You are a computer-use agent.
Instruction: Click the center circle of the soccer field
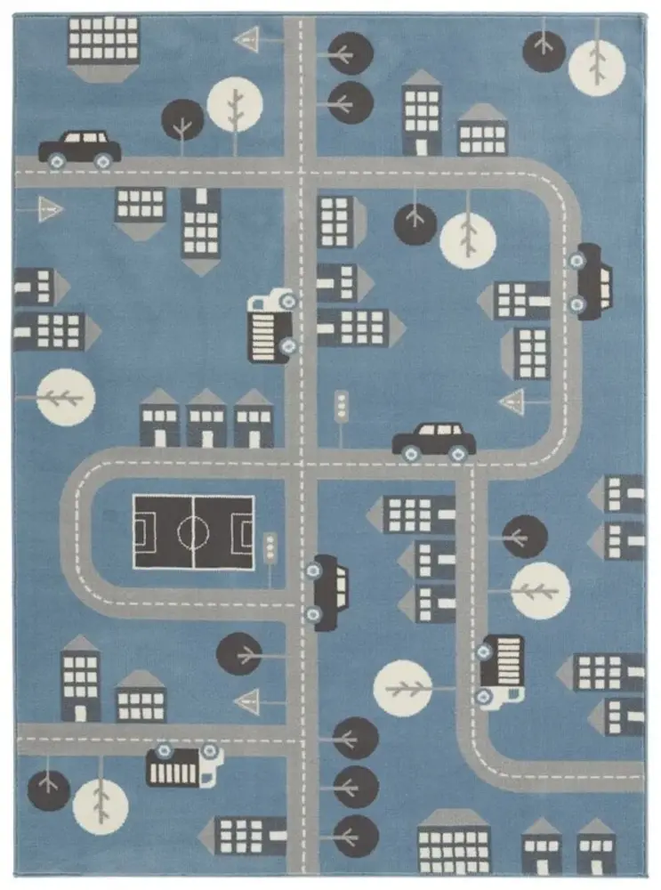tap(193, 532)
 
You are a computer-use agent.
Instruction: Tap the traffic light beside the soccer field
tap(270, 547)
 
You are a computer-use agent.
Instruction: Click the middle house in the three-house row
tap(206, 418)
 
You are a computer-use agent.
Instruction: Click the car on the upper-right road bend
tap(591, 280)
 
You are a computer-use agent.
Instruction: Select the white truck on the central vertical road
tap(271, 325)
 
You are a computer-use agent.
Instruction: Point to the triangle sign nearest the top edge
tap(247, 39)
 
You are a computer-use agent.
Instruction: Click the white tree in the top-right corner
tap(597, 67)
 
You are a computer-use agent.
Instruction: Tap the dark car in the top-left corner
tap(80, 148)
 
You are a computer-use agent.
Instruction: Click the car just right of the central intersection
tap(434, 440)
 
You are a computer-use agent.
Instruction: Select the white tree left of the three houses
tap(67, 397)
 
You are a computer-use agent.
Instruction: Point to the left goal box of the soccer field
tap(143, 532)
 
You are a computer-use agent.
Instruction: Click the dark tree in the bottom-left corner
tap(48, 790)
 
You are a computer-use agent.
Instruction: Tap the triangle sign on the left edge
tap(50, 210)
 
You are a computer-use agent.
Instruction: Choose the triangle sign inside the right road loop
tap(514, 402)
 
